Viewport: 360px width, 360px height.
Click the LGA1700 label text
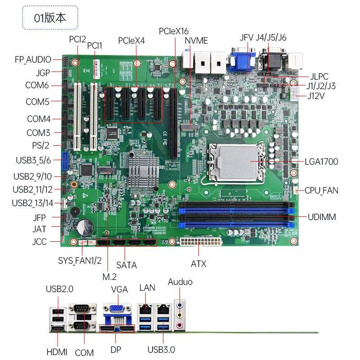click(x=321, y=162)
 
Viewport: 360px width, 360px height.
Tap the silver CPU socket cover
click(x=237, y=163)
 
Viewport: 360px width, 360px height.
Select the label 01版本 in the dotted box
click(x=50, y=18)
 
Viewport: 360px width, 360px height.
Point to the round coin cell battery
click(x=85, y=227)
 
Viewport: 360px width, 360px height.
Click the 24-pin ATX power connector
click(x=201, y=241)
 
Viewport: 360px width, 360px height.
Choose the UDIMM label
click(x=322, y=217)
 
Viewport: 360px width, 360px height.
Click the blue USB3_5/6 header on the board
click(x=65, y=161)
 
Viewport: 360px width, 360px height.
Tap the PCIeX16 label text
click(x=174, y=31)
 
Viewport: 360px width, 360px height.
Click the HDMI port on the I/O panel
click(x=58, y=329)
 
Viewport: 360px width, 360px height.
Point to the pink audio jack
click(x=180, y=325)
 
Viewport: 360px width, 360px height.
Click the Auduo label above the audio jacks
click(x=180, y=282)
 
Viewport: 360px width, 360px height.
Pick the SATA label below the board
click(x=126, y=265)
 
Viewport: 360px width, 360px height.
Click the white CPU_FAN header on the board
click(x=296, y=190)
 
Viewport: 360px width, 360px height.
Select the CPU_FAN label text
click(x=321, y=190)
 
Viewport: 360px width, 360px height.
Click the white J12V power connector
click(x=294, y=94)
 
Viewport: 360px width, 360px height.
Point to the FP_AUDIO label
click(x=33, y=59)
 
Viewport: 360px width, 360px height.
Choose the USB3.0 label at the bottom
click(x=161, y=350)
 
